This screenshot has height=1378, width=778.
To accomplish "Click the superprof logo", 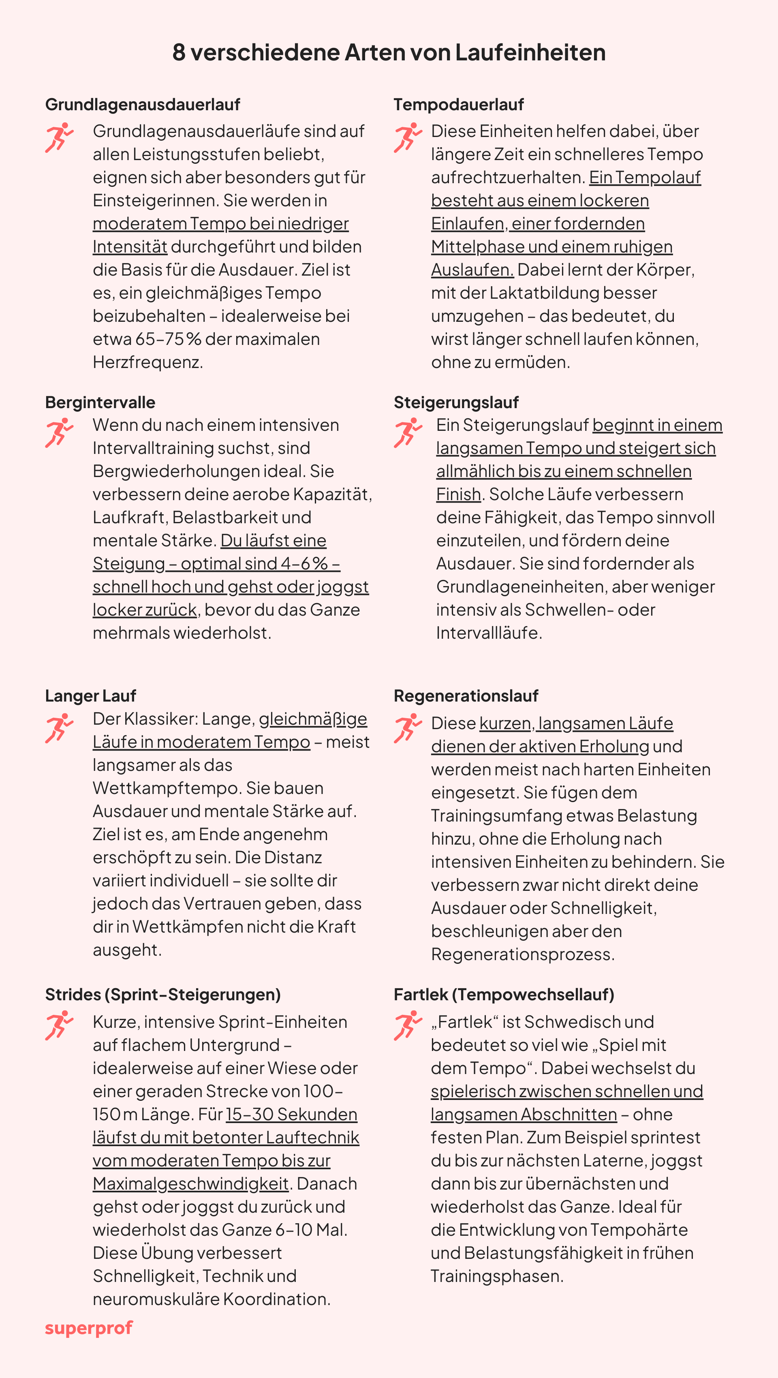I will pyautogui.click(x=89, y=1328).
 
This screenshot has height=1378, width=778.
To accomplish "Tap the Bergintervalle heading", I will pyautogui.click(x=100, y=402).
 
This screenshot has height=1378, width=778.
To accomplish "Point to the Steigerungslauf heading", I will pyautogui.click(x=455, y=402).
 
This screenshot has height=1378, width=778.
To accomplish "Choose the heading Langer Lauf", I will pyautogui.click(x=90, y=695).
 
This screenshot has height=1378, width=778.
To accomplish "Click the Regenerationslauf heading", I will pyautogui.click(x=466, y=695).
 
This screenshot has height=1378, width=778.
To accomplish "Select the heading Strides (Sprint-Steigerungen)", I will pyautogui.click(x=162, y=995).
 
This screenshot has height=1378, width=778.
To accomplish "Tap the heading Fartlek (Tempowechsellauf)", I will pyautogui.click(x=504, y=995).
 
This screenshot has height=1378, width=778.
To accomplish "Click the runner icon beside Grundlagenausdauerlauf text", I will pyautogui.click(x=59, y=137).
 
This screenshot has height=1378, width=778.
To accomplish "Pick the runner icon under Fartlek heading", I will pyautogui.click(x=408, y=1025).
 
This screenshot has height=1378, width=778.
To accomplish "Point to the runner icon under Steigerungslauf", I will pyautogui.click(x=408, y=432).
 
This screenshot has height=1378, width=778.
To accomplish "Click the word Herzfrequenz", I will pyautogui.click(x=147, y=362).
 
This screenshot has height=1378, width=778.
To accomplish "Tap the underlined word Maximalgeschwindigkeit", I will pyautogui.click(x=190, y=1183).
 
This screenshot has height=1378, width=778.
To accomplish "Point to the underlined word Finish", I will pyautogui.click(x=458, y=494).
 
